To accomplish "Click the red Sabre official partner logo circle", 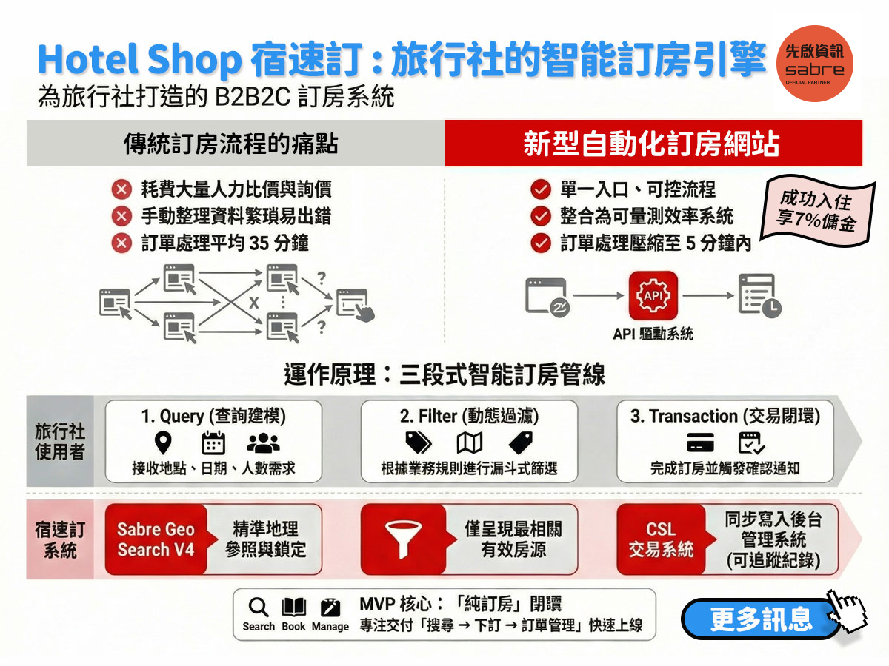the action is tap(814, 64).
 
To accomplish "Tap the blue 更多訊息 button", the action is tap(761, 619).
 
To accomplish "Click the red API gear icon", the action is tap(653, 295).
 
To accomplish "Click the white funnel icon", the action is tap(403, 539).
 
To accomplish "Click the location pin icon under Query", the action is tap(163, 443).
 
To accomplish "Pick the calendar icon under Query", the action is tap(213, 443).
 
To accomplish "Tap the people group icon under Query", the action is tap(263, 443).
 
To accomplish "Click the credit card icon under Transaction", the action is tap(700, 443).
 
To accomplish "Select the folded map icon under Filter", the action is tap(470, 443).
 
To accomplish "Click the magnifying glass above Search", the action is tap(258, 607).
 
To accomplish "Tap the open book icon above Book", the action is tap(293, 607).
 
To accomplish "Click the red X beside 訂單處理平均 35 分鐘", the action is tap(121, 243).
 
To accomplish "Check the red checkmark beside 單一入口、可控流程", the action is tap(541, 189).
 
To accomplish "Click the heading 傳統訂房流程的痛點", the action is tap(231, 144).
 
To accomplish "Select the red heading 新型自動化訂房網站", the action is tap(651, 144).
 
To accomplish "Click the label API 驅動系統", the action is tap(653, 334).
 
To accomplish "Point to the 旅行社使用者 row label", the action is tap(60, 441).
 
